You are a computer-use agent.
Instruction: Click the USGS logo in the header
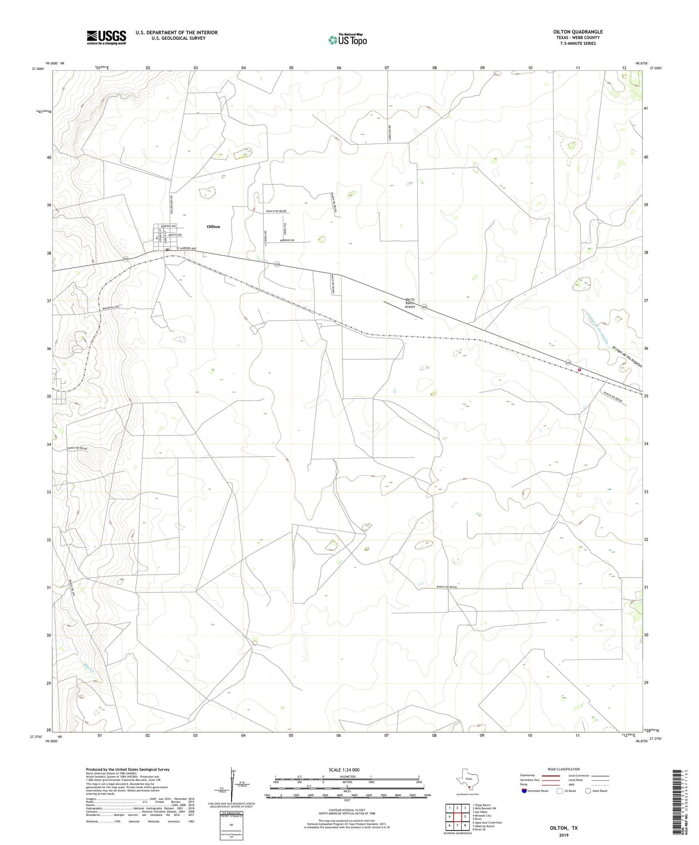(106, 37)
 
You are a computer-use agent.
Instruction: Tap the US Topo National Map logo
(347, 40)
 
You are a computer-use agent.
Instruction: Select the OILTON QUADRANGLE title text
(577, 32)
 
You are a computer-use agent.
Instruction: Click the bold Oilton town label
(213, 227)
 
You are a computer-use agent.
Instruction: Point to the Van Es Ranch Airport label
(410, 303)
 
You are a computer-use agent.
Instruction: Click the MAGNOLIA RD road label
(110, 307)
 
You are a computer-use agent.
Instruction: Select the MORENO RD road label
(288, 240)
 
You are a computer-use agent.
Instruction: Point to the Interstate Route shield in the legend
(524, 791)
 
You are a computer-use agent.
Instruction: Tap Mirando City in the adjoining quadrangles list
(483, 816)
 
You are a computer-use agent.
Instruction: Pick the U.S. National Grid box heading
(231, 813)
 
